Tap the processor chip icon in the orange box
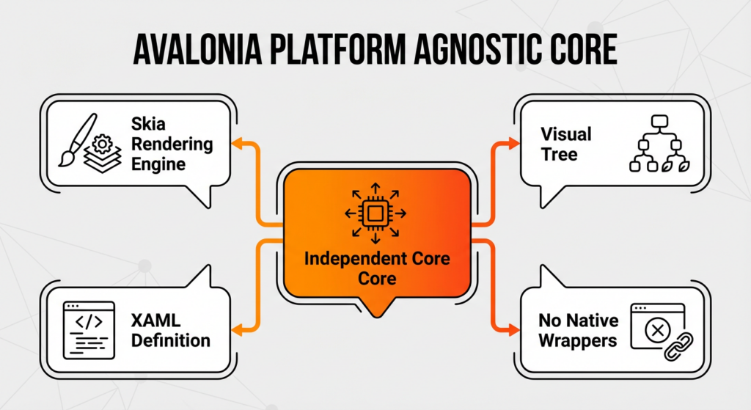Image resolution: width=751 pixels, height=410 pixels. [x=375, y=213]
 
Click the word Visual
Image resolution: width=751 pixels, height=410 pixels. [x=565, y=134]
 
